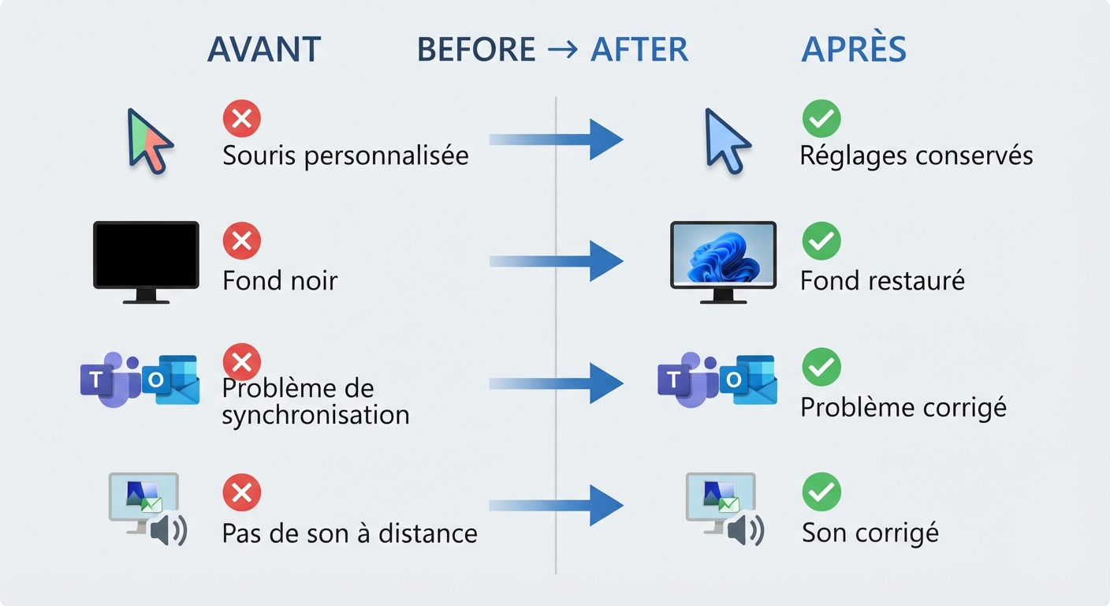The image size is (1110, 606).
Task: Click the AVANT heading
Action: (264, 49)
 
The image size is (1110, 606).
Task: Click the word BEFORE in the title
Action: (476, 49)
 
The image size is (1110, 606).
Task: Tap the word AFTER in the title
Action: (639, 49)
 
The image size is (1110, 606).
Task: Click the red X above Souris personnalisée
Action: (242, 118)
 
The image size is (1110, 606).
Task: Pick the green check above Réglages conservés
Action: (821, 118)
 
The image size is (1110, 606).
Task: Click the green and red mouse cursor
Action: (150, 141)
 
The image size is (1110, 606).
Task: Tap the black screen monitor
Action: (146, 262)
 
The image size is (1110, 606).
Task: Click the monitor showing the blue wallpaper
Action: (724, 262)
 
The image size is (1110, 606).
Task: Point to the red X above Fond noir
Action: (242, 241)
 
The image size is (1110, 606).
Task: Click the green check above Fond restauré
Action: (821, 241)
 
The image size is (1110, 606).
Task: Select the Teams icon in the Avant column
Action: (110, 380)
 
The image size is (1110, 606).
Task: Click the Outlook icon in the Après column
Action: (748, 380)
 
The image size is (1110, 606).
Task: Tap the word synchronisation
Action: (315, 415)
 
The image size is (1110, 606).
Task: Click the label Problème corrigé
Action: (903, 408)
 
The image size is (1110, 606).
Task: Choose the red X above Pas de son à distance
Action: (242, 492)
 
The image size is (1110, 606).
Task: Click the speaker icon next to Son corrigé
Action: (747, 530)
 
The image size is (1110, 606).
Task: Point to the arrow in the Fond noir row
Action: (556, 261)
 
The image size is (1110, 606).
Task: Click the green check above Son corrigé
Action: (821, 492)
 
